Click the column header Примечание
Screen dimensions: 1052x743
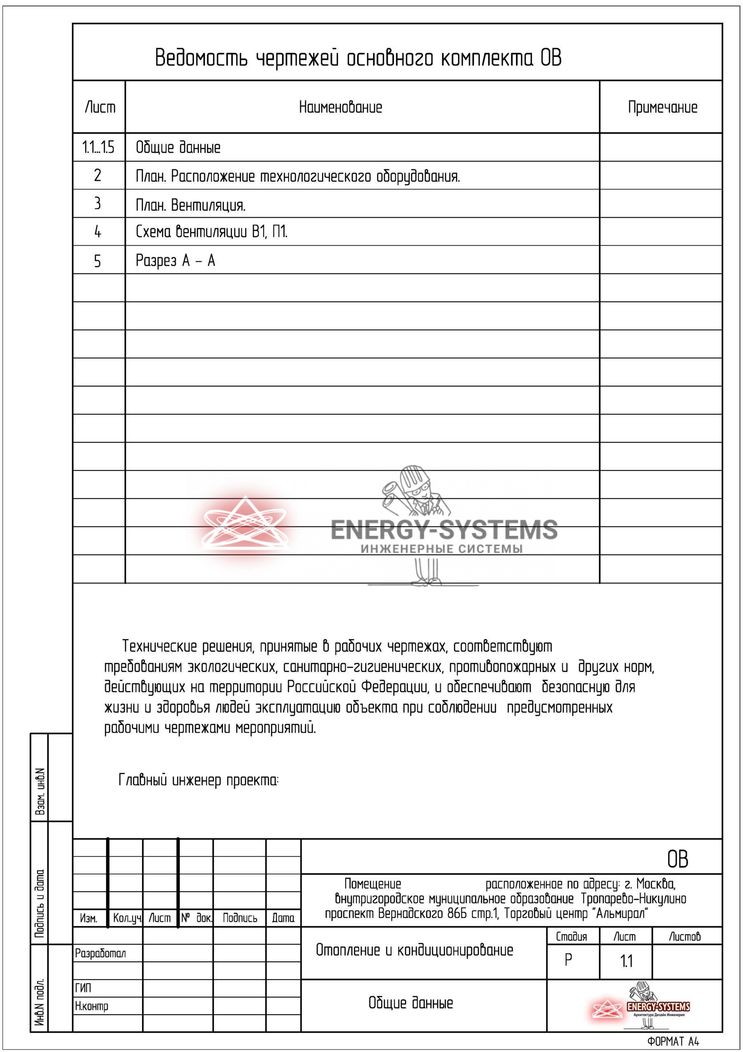662,107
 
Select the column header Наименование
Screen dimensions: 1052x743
340,107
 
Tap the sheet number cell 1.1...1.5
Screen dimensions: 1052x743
98,148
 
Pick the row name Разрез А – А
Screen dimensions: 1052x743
175,261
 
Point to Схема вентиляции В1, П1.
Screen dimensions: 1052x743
212,232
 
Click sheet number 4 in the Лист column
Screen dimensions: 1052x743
98,232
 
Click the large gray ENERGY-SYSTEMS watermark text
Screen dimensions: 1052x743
444,529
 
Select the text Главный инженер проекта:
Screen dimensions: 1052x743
198,780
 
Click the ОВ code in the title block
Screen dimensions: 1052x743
677,859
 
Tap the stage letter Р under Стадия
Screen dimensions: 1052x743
568,960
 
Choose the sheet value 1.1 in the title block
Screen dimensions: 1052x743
626,961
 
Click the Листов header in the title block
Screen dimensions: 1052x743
684,937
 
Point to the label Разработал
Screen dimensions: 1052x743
100,953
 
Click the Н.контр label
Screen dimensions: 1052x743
92,1006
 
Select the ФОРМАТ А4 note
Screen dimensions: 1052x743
673,1041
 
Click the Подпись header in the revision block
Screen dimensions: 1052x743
239,918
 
